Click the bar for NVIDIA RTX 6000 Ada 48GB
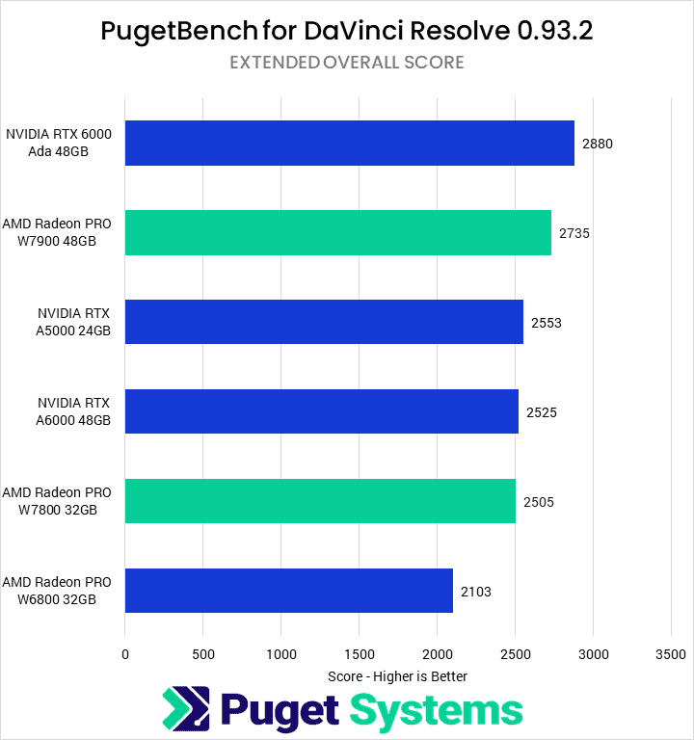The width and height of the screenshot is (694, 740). [x=349, y=144]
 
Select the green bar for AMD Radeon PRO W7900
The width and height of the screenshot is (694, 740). [x=337, y=232]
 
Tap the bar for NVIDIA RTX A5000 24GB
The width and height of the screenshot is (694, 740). [x=324, y=322]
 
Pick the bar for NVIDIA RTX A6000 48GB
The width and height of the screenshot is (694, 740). [x=321, y=411]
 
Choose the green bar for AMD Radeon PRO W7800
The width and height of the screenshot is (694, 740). [x=320, y=501]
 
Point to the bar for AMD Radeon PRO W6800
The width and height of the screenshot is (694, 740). [x=288, y=591]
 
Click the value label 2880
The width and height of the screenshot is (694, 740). [x=598, y=144]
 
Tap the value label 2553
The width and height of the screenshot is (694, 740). [x=546, y=323]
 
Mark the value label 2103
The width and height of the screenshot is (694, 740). [x=475, y=592]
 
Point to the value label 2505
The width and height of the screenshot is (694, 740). [x=538, y=502]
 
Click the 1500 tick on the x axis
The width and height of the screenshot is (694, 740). [x=360, y=654]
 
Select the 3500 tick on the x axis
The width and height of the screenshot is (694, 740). [x=672, y=654]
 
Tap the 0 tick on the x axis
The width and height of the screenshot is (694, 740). [x=125, y=654]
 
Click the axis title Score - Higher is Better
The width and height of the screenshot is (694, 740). [x=398, y=676]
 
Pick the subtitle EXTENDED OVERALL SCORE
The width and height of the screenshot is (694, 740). [x=347, y=63]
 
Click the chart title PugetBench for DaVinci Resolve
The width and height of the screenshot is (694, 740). [x=347, y=31]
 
